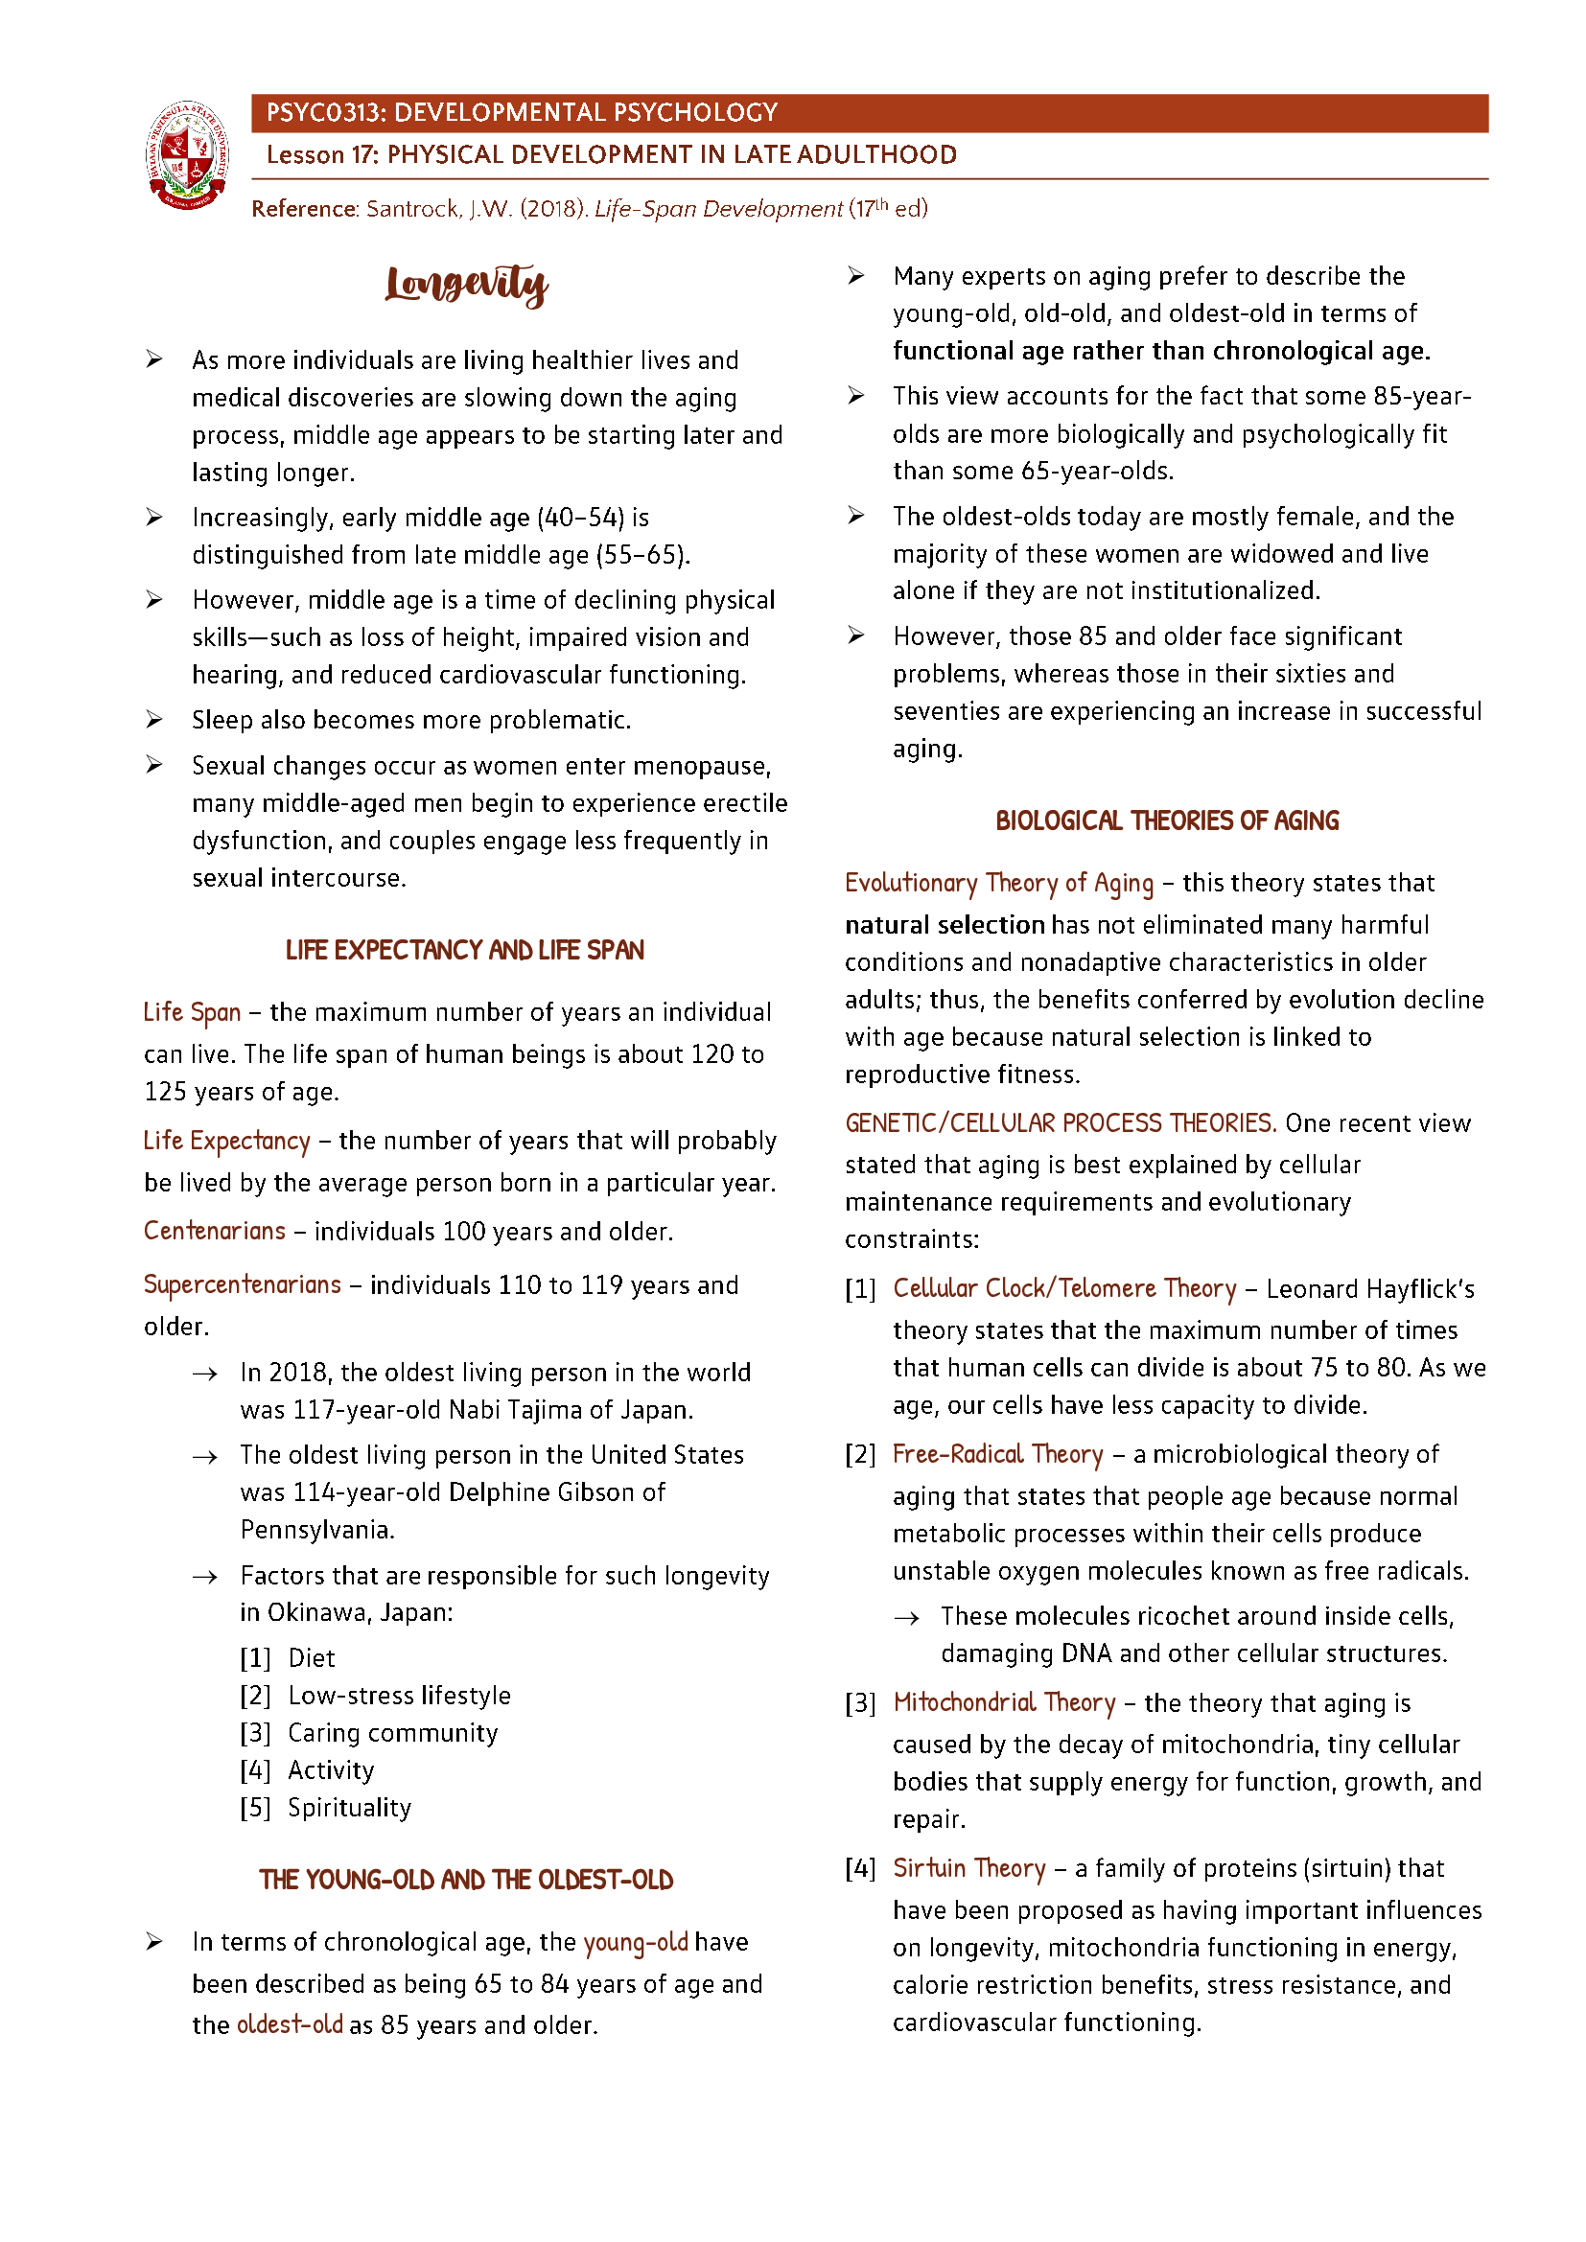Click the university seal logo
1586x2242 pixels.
click(188, 154)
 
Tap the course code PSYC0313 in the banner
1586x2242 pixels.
click(325, 113)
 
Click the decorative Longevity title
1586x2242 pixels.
click(466, 284)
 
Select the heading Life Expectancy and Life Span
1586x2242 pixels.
click(465, 950)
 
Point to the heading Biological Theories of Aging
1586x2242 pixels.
click(1166, 821)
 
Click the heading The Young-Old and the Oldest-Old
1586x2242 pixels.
click(466, 1880)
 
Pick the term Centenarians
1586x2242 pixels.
click(215, 1231)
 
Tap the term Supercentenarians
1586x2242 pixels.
click(243, 1284)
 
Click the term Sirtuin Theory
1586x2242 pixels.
click(968, 1868)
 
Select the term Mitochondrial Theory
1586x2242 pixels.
click(1004, 1703)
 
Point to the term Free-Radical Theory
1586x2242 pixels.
click(997, 1454)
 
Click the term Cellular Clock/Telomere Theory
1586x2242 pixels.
click(1064, 1289)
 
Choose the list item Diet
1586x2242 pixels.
click(312, 1658)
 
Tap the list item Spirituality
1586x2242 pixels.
click(350, 1808)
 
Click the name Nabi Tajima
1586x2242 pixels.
click(518, 1410)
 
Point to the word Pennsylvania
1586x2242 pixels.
click(316, 1529)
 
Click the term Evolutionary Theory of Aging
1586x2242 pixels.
click(998, 883)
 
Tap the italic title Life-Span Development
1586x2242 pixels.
click(718, 209)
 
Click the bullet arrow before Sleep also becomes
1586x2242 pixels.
click(154, 720)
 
